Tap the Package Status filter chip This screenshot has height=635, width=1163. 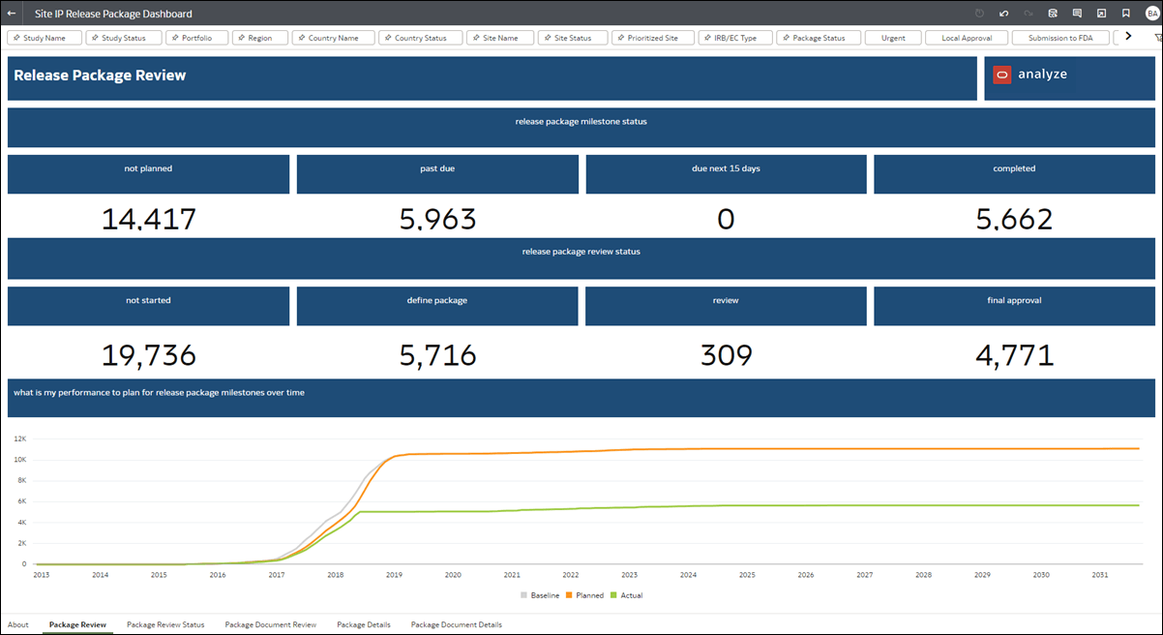[819, 38]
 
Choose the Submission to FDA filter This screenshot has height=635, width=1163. [1059, 38]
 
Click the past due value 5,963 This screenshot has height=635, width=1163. [437, 220]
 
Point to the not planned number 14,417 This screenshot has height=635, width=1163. [148, 220]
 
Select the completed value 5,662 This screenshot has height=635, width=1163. [1014, 220]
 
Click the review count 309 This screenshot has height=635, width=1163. [726, 355]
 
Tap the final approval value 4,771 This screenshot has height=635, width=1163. [1014, 355]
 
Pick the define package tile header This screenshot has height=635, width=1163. [437, 301]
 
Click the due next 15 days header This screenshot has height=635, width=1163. [726, 168]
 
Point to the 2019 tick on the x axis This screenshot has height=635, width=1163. [394, 575]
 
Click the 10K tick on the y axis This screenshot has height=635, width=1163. [19, 460]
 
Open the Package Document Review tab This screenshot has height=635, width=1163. [271, 625]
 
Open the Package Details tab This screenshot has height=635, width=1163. [364, 625]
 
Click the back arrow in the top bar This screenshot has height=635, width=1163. [12, 14]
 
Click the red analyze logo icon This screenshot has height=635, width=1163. [1001, 75]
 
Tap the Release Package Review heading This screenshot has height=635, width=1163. [100, 76]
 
